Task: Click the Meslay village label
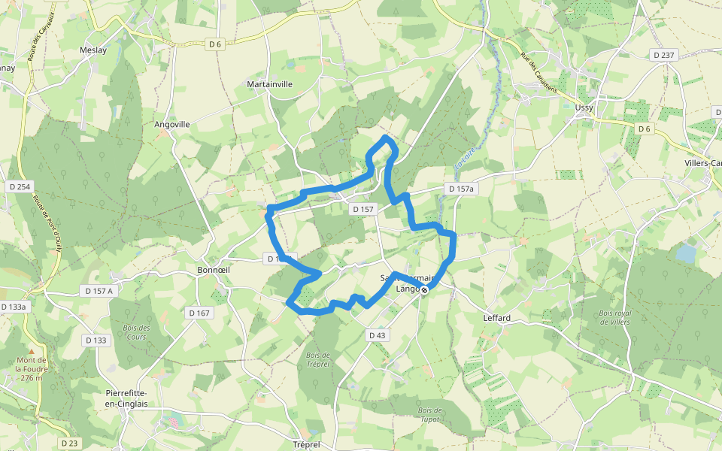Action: coord(93,50)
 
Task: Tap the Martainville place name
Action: coord(270,85)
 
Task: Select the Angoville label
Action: coord(172,125)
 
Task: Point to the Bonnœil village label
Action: coord(211,270)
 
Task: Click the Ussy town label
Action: coord(584,107)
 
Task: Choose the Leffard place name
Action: coord(496,318)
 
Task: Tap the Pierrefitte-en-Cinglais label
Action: coord(126,398)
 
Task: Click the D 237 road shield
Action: coord(665,55)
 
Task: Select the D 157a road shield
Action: coord(461,189)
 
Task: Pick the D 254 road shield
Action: coord(19,186)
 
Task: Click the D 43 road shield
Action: coord(377,334)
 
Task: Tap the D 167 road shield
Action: coord(199,313)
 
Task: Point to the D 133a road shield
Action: coord(14,307)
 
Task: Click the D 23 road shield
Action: coord(69,443)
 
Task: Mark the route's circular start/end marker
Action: coord(424,290)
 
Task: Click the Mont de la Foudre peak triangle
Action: coord(31,351)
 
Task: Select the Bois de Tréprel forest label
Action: coord(318,360)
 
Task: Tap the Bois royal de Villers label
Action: coord(614,317)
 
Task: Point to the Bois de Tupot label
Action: coord(429,415)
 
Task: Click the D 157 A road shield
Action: coord(99,290)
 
